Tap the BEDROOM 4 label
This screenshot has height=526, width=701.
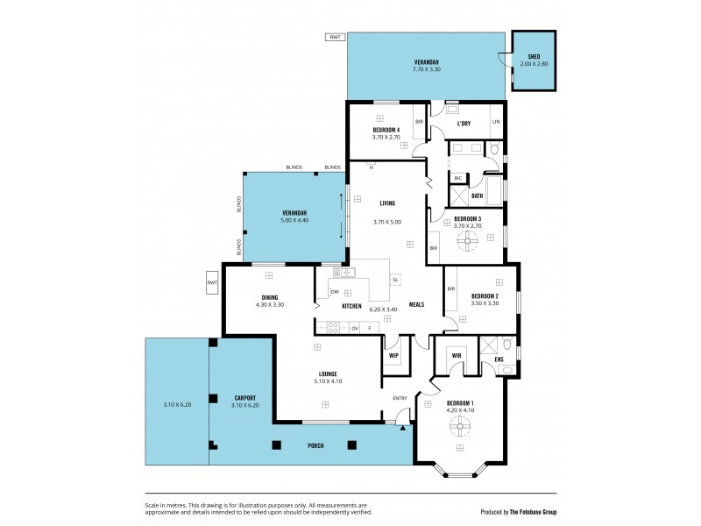pos(386,130)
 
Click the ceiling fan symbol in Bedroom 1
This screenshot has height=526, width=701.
pos(458,427)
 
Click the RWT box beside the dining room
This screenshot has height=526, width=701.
pos(211,283)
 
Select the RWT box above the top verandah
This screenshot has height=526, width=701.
pos(334,38)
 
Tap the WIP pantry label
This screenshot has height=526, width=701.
pos(393,355)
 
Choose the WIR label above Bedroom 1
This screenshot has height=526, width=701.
pos(456,355)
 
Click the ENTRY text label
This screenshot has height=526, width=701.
pos(400,398)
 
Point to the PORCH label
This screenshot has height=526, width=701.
pos(315,446)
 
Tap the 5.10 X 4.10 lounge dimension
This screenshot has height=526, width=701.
pos(326,381)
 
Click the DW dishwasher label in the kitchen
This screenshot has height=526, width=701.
pos(335,292)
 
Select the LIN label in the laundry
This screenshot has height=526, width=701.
pos(495,122)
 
